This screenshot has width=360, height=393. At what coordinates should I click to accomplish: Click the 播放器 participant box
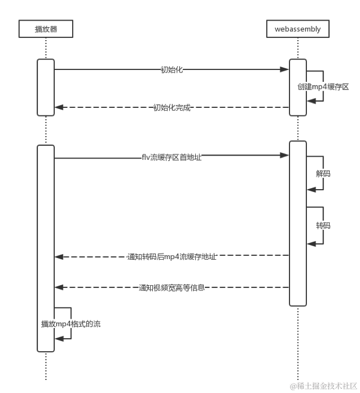click(x=46, y=29)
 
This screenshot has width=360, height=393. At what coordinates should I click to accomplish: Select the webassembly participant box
click(x=298, y=29)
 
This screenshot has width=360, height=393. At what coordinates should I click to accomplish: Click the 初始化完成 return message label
click(x=172, y=107)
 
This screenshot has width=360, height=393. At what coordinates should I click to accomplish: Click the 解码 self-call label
click(x=323, y=174)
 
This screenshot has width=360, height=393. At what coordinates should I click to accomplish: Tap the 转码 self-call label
click(x=323, y=225)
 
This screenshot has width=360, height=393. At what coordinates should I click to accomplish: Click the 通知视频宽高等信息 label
click(x=172, y=288)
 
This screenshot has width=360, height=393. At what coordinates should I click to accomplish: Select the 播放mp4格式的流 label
click(x=70, y=324)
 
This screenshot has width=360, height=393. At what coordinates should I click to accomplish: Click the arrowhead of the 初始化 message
click(x=284, y=69)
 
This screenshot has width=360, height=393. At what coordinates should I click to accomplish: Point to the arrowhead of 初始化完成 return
click(x=59, y=107)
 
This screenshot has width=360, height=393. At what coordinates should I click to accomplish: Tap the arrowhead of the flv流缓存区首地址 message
click(x=284, y=156)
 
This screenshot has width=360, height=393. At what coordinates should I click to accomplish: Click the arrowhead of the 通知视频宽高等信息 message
click(x=59, y=288)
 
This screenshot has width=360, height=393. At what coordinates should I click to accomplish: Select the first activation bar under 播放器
click(x=46, y=87)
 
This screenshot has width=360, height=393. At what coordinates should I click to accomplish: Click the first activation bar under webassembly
click(x=298, y=87)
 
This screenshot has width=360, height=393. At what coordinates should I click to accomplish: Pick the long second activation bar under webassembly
click(x=298, y=223)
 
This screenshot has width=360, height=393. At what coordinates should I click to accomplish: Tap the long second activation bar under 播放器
click(x=46, y=248)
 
